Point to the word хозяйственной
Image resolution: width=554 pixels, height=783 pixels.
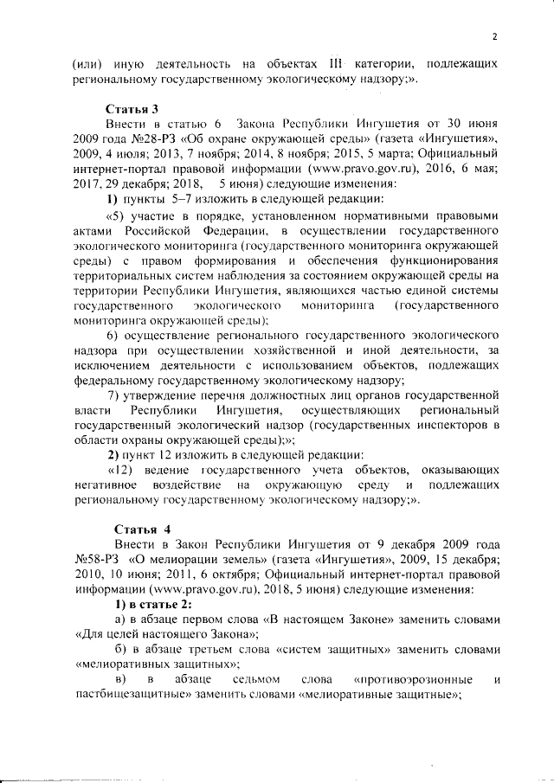pos(299,350)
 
